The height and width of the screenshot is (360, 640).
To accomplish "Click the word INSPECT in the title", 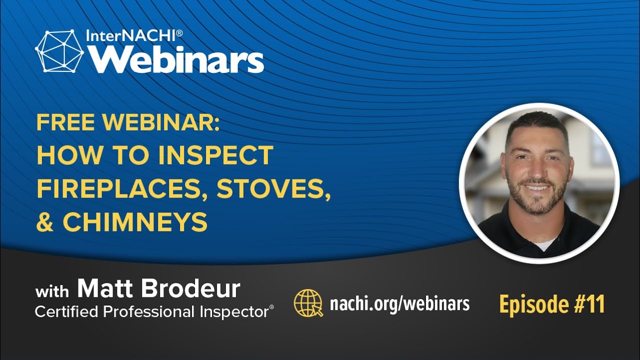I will tap(215, 155).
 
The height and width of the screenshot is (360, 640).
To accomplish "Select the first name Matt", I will tap(105, 288).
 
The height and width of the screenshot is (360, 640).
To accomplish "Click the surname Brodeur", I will tap(190, 288).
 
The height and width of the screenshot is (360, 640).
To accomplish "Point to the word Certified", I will tap(66, 312).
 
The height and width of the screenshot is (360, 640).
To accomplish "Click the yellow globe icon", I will tap(308, 303).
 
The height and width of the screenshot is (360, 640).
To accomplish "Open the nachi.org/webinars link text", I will tap(399, 303).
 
